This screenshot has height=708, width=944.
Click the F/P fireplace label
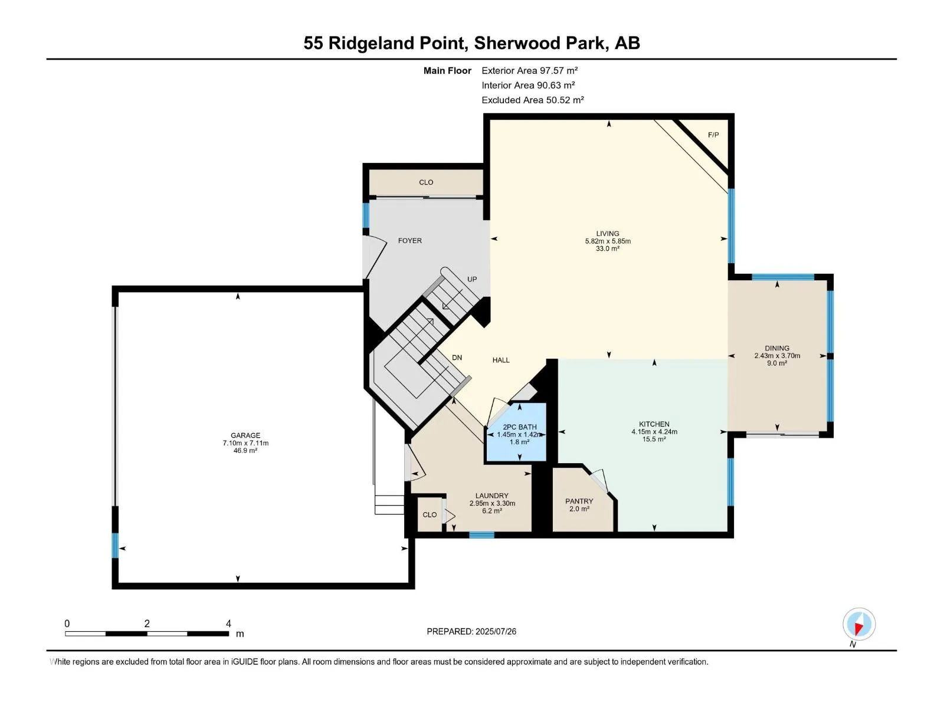pyautogui.click(x=713, y=135)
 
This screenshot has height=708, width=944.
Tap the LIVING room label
pyautogui.click(x=607, y=234)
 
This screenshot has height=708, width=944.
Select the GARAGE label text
pyautogui.click(x=245, y=435)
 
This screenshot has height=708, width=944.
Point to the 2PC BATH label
pyautogui.click(x=520, y=427)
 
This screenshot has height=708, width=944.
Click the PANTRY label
pyautogui.click(x=579, y=501)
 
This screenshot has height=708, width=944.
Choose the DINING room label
pyautogui.click(x=776, y=348)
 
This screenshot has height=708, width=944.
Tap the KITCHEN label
pyautogui.click(x=654, y=424)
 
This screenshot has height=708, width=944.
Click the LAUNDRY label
pyautogui.click(x=491, y=496)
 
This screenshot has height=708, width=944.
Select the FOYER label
pyautogui.click(x=410, y=241)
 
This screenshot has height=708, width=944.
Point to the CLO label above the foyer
pyautogui.click(x=426, y=182)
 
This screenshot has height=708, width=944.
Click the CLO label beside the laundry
pyautogui.click(x=429, y=514)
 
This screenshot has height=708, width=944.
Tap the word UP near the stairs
pyautogui.click(x=472, y=280)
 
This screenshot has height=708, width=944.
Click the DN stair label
pyautogui.click(x=457, y=358)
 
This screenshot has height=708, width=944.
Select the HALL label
pyautogui.click(x=500, y=360)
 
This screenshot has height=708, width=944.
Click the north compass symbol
pyautogui.click(x=858, y=624)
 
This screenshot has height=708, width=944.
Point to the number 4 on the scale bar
pyautogui.click(x=228, y=623)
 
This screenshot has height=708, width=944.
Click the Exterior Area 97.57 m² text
pyautogui.click(x=529, y=70)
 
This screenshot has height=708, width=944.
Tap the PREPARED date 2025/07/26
pyautogui.click(x=495, y=631)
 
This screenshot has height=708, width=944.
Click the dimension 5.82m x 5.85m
pyautogui.click(x=607, y=241)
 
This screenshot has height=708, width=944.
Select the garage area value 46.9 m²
pyautogui.click(x=245, y=451)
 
